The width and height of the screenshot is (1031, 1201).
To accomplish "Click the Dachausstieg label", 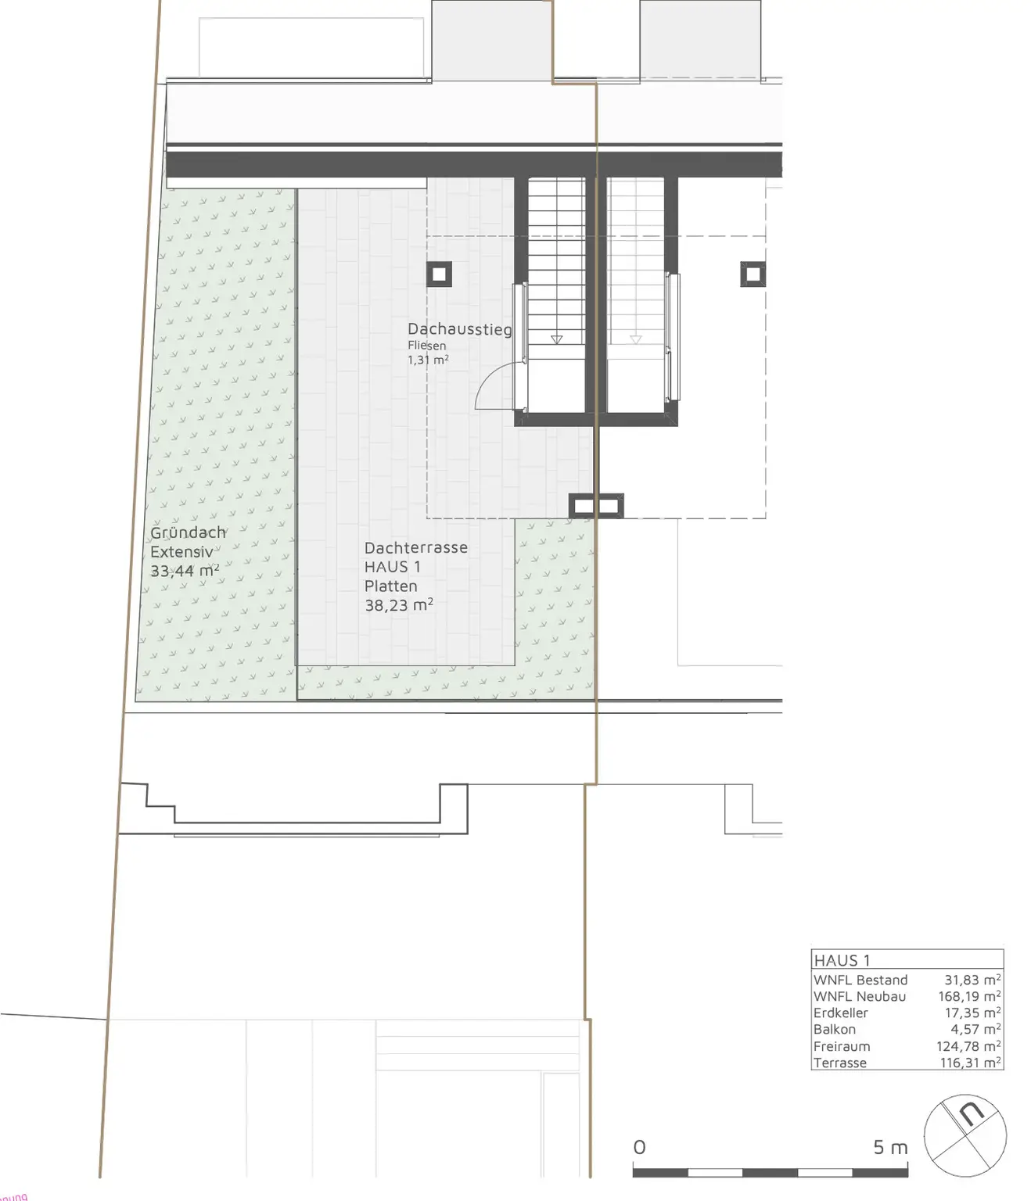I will tap(460, 329).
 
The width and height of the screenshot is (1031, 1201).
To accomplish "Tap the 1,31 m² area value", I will tap(428, 360).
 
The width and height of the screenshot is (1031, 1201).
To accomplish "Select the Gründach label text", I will tap(188, 532).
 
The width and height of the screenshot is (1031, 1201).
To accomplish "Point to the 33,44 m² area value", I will tap(185, 572).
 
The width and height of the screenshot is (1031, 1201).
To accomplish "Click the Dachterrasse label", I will tap(415, 547).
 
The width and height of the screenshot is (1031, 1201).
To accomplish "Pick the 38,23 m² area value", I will tap(399, 604).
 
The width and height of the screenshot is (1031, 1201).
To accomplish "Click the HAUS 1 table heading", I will tap(842, 960).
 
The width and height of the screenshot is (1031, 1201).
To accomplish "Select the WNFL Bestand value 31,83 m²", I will tap(972, 980).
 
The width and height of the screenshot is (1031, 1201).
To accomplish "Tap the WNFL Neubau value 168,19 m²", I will tap(969, 996).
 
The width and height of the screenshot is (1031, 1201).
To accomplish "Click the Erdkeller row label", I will tap(840, 1013).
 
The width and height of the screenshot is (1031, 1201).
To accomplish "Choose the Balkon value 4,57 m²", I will tap(975, 1029).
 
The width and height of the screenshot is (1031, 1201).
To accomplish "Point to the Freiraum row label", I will tap(842, 1046).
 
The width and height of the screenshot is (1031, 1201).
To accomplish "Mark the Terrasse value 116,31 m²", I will tap(970, 1063).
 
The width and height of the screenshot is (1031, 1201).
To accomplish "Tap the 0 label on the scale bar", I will tap(639, 1147).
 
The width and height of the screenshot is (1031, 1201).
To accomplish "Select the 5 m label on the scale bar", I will tap(890, 1147).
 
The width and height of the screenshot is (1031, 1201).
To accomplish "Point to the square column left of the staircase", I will tap(440, 274).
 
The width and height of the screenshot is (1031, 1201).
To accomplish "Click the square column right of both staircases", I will tap(753, 274).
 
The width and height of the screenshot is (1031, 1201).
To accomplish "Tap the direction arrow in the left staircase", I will tap(556, 339).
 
